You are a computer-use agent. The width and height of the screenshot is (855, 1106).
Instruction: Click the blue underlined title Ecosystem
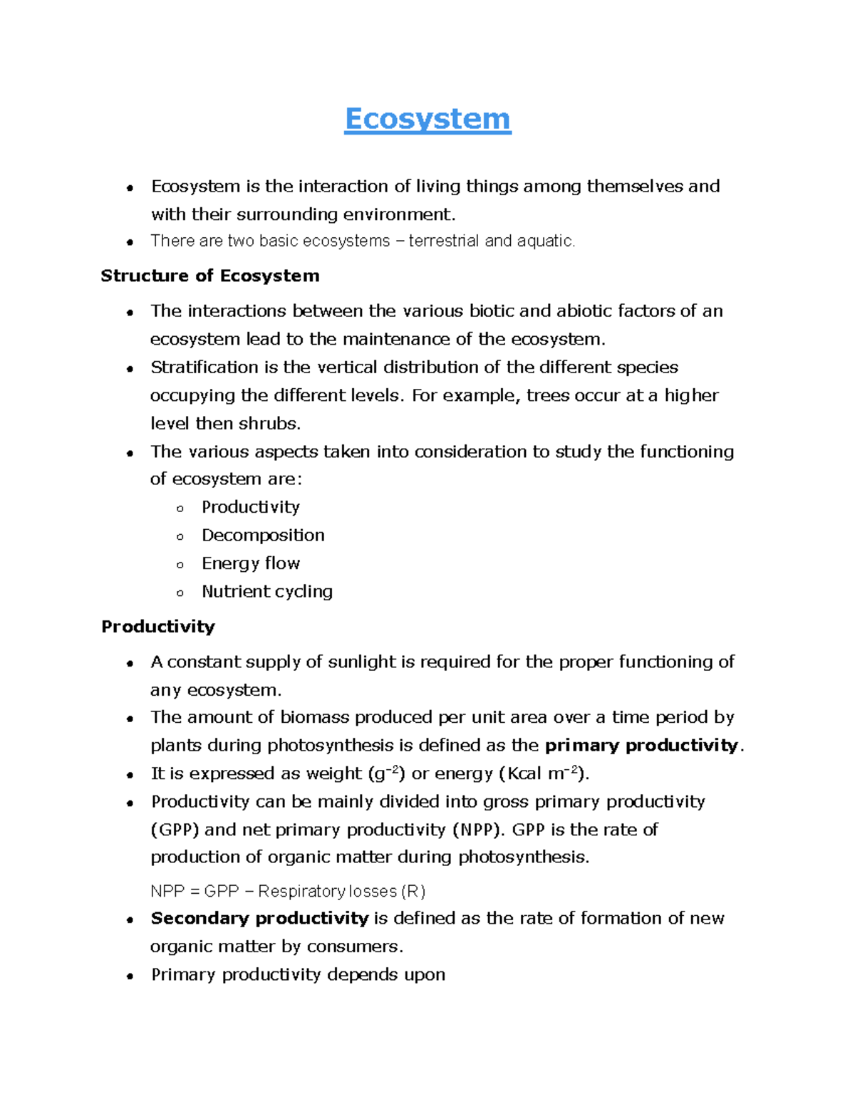point(427,119)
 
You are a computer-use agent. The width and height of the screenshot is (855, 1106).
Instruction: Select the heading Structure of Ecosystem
point(209,276)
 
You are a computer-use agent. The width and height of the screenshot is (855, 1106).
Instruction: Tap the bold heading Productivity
point(157,627)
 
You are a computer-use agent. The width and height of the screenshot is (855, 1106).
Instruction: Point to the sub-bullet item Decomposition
point(263,536)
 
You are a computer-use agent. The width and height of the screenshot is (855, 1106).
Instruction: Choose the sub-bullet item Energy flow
point(251,563)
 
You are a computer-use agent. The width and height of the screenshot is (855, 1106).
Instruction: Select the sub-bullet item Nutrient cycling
point(267,592)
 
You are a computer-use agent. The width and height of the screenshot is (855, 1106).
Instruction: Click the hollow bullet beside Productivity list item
point(180,508)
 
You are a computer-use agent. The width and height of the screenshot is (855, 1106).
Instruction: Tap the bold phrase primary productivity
point(641,746)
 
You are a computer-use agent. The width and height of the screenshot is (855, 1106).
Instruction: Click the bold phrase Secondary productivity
point(259,919)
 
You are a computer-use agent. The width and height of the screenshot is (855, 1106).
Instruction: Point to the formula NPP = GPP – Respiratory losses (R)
point(288,892)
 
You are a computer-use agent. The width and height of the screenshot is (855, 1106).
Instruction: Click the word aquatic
point(545,241)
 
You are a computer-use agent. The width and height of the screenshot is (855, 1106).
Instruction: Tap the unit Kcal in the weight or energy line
point(524,774)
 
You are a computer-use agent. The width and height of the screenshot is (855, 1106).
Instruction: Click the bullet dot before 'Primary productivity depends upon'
point(130,976)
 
